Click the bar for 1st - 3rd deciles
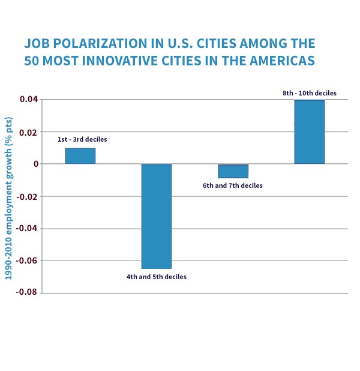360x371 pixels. pos(80,156)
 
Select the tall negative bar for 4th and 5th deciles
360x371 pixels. pos(157,216)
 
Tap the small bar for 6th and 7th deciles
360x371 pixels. pos(233,171)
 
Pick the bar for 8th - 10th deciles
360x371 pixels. pos(310,132)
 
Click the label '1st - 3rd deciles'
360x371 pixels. pos(82,139)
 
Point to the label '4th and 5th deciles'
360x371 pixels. pos(157,277)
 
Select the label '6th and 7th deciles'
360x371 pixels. pos(233,185)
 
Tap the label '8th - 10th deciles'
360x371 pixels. pos(310,93)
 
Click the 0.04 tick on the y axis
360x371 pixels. pos(29,99)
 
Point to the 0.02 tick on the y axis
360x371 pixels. pos(29,132)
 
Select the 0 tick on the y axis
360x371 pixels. pos(36,164)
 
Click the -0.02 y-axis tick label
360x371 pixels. pos(27,197)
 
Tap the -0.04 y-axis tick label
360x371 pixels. pos(27,229)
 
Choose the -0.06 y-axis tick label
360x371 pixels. pos(27,261)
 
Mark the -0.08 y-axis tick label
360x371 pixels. pos(27,292)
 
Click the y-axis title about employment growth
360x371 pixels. pos(8,198)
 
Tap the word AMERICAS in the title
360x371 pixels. pos(282,61)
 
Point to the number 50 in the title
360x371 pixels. pos(31,61)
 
